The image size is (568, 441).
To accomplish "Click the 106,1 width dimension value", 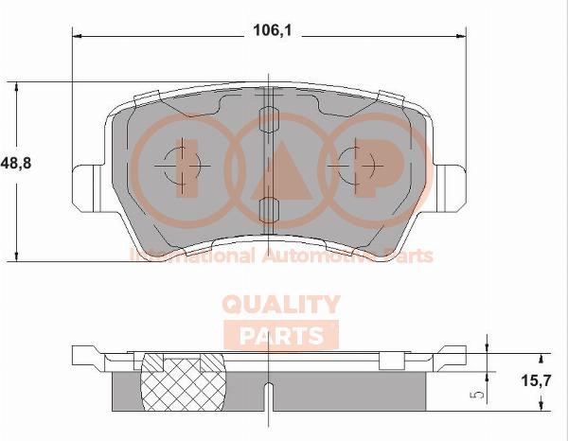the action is pos(272,30).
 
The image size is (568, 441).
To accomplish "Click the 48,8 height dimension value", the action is pos(16,164).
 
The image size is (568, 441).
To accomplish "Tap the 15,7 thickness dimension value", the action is pos(536,380).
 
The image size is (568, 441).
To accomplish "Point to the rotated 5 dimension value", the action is pos(479,394).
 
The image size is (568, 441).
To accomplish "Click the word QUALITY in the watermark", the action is pos(281,304).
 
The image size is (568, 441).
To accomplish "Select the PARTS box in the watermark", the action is pos(281,335).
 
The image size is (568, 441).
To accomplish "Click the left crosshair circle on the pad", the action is pos(182,166).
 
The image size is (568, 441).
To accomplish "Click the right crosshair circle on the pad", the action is pos(355,166).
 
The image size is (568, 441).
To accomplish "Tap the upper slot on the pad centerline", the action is pos(269,119).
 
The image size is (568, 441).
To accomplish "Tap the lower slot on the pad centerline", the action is pos(269,210).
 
